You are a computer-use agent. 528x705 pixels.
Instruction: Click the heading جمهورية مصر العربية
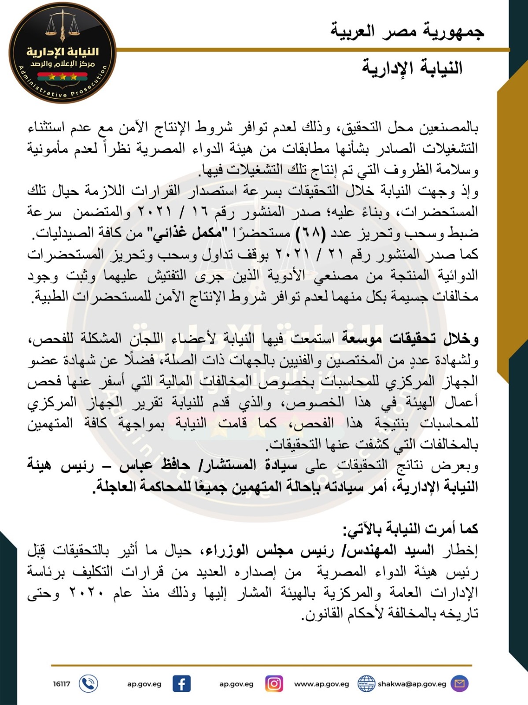click(x=407, y=32)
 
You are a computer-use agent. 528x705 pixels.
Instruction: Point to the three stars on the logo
click(x=63, y=77)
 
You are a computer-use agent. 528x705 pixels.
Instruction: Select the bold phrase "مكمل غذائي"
click(x=193, y=233)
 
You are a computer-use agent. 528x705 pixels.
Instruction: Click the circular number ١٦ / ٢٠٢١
click(x=163, y=212)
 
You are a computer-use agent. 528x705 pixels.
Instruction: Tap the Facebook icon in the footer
click(x=181, y=684)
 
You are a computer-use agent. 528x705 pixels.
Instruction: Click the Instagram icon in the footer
click(x=274, y=684)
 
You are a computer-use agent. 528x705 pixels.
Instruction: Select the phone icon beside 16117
click(x=88, y=684)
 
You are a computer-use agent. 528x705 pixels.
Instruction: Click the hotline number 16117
click(x=62, y=684)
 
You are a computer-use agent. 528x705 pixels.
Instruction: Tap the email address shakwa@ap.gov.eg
click(x=412, y=684)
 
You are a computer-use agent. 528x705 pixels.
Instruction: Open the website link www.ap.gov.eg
click(x=321, y=684)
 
